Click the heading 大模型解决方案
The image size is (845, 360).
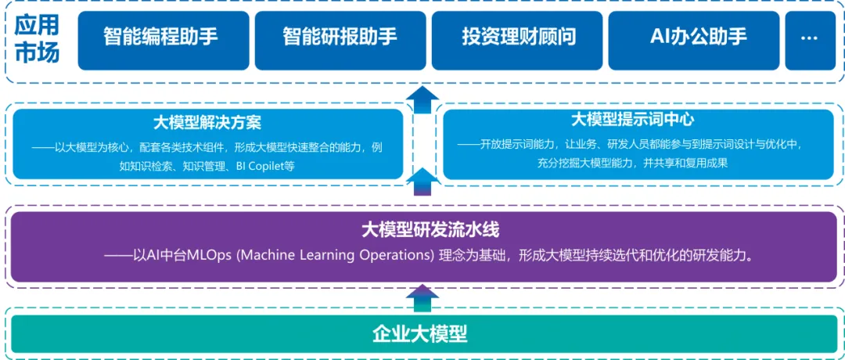[207, 123]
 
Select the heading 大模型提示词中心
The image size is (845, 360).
[632, 120]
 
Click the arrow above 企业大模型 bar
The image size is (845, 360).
[422, 298]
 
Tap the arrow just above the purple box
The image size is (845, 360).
[422, 181]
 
